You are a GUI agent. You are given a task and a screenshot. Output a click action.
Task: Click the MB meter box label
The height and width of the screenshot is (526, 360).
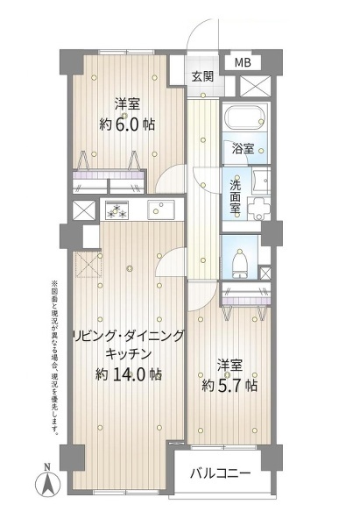[x=243, y=62]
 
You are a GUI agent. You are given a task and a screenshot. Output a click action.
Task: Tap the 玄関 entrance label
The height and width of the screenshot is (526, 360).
[x=202, y=77]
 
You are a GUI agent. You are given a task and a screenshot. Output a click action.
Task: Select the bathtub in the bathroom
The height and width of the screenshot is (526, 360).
[x=246, y=117]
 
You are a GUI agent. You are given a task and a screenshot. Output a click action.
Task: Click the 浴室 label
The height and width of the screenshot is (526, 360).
[x=243, y=149]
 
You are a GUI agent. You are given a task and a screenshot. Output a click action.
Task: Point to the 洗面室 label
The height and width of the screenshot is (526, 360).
[x=235, y=197]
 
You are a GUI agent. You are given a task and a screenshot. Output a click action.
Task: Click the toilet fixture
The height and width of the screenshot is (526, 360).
[x=240, y=265]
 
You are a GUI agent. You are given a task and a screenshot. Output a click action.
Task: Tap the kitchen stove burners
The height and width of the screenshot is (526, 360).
[x=116, y=210]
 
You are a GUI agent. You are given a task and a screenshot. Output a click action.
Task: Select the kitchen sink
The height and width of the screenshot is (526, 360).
[x=161, y=210]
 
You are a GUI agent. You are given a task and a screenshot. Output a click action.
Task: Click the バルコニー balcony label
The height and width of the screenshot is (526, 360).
[x=220, y=473]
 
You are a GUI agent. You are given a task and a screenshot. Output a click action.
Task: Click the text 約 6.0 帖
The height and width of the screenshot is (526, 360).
[x=127, y=125]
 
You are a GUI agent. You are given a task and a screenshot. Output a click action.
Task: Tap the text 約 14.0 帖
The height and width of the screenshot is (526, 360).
[x=129, y=374]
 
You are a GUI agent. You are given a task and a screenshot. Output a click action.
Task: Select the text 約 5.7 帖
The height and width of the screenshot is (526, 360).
[x=229, y=386]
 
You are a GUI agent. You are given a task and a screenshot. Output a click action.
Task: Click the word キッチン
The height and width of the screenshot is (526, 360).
[x=129, y=354]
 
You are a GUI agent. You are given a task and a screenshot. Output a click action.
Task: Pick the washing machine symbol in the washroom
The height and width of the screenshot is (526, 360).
[x=258, y=209]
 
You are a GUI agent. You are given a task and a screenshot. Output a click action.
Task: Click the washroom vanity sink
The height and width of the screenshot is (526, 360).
[x=261, y=181]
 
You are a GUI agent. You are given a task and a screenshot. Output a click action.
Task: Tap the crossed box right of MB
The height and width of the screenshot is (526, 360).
[x=256, y=86]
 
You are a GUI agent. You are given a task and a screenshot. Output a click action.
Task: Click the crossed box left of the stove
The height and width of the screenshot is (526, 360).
[x=84, y=210]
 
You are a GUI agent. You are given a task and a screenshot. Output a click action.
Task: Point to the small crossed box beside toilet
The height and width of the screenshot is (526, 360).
[x=265, y=273]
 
